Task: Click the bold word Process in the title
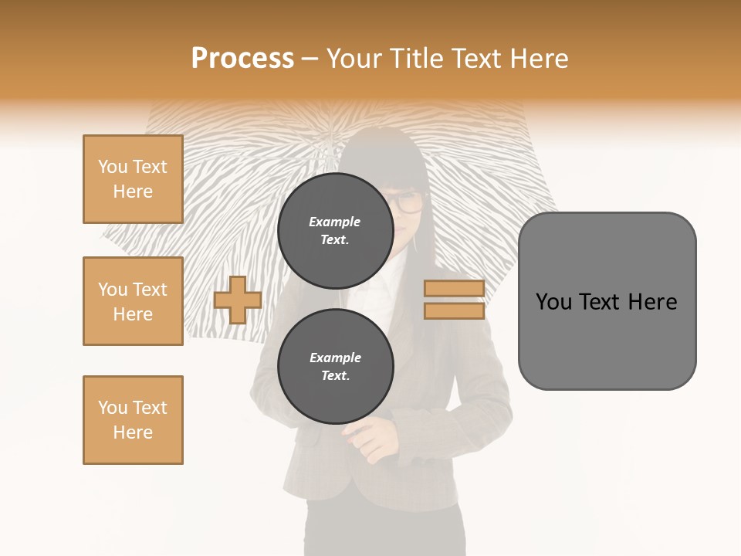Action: click(x=242, y=59)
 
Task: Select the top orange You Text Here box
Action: click(x=133, y=179)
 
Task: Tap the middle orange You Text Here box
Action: click(x=133, y=301)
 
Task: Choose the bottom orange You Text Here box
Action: click(x=133, y=420)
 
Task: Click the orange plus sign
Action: click(x=237, y=300)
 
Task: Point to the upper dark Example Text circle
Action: click(x=336, y=230)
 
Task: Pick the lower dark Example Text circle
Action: click(x=336, y=366)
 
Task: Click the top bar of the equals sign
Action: click(x=454, y=288)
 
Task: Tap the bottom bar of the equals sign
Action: click(x=454, y=311)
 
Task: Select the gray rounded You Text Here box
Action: click(x=607, y=300)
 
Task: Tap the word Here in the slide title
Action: click(x=537, y=59)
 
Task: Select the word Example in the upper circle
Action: click(x=335, y=222)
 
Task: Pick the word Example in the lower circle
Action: click(x=335, y=358)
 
